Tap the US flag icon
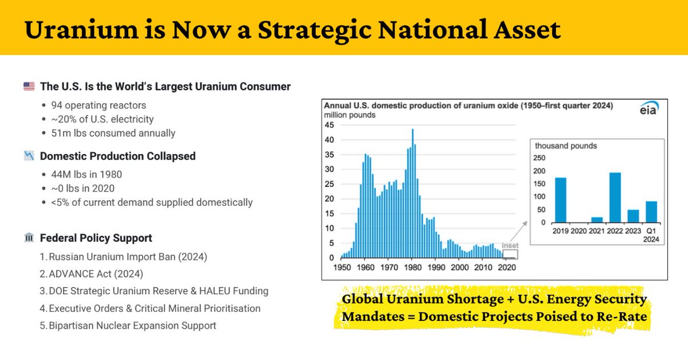(29, 87)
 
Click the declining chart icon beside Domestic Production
(29, 156)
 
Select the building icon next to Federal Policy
(29, 238)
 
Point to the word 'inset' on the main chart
(509, 246)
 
